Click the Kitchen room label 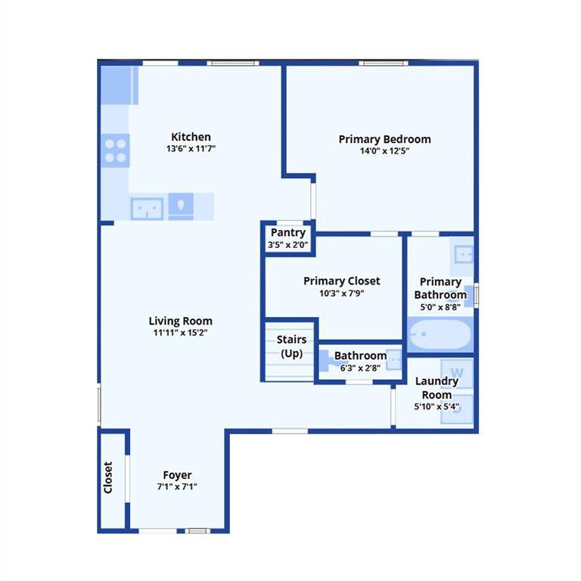(191, 137)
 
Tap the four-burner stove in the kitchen (115, 151)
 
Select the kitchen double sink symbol (147, 209)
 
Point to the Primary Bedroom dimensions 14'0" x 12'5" (384, 151)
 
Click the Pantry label (288, 233)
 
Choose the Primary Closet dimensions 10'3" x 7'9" (342, 293)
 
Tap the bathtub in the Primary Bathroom (440, 334)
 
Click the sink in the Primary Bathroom (463, 255)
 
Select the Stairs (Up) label (291, 346)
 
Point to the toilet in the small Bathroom (327, 360)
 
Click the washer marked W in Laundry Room (457, 373)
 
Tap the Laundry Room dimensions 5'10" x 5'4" (437, 406)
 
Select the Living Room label (181, 321)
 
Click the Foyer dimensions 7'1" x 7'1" (177, 486)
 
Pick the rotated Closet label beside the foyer (108, 477)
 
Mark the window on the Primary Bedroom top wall (384, 64)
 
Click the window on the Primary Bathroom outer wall (476, 295)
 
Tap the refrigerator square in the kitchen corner (116, 85)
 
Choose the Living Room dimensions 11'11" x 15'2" (181, 332)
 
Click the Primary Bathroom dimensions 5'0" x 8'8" (440, 307)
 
